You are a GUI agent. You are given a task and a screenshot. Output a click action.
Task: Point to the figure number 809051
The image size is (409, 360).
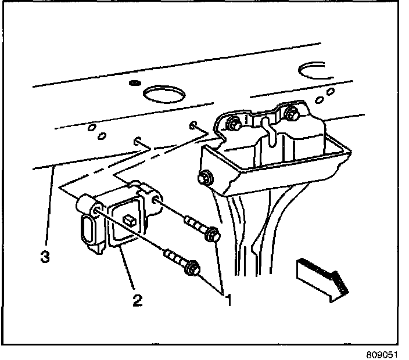(385, 352)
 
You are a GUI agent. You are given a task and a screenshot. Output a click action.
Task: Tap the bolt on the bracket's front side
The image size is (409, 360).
(205, 179)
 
